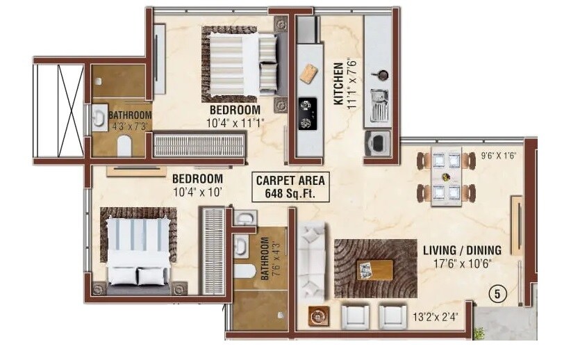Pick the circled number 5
click(x=497, y=294)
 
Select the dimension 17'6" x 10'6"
click(x=463, y=264)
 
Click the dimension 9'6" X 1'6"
click(x=499, y=156)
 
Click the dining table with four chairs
click(x=445, y=177)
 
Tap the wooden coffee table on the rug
click(x=374, y=269)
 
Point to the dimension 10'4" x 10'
click(x=197, y=192)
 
